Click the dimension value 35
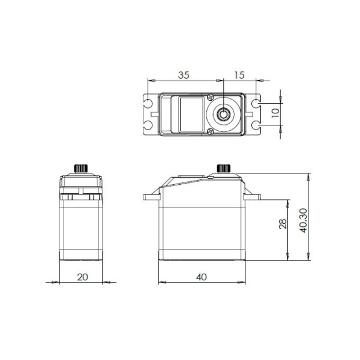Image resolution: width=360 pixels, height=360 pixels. click(x=184, y=75)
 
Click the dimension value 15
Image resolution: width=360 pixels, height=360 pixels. click(x=239, y=75)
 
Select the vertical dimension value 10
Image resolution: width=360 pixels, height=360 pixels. click(x=275, y=113)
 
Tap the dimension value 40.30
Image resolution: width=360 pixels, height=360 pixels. click(x=303, y=220)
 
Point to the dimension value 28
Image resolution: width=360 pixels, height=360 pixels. click(x=283, y=224)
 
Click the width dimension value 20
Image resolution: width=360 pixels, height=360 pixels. click(x=82, y=277)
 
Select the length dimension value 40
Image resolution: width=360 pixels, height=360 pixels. click(x=202, y=277)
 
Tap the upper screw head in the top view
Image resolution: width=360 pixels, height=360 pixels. click(x=211, y=97)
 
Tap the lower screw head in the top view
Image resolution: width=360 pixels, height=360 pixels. click(x=211, y=131)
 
